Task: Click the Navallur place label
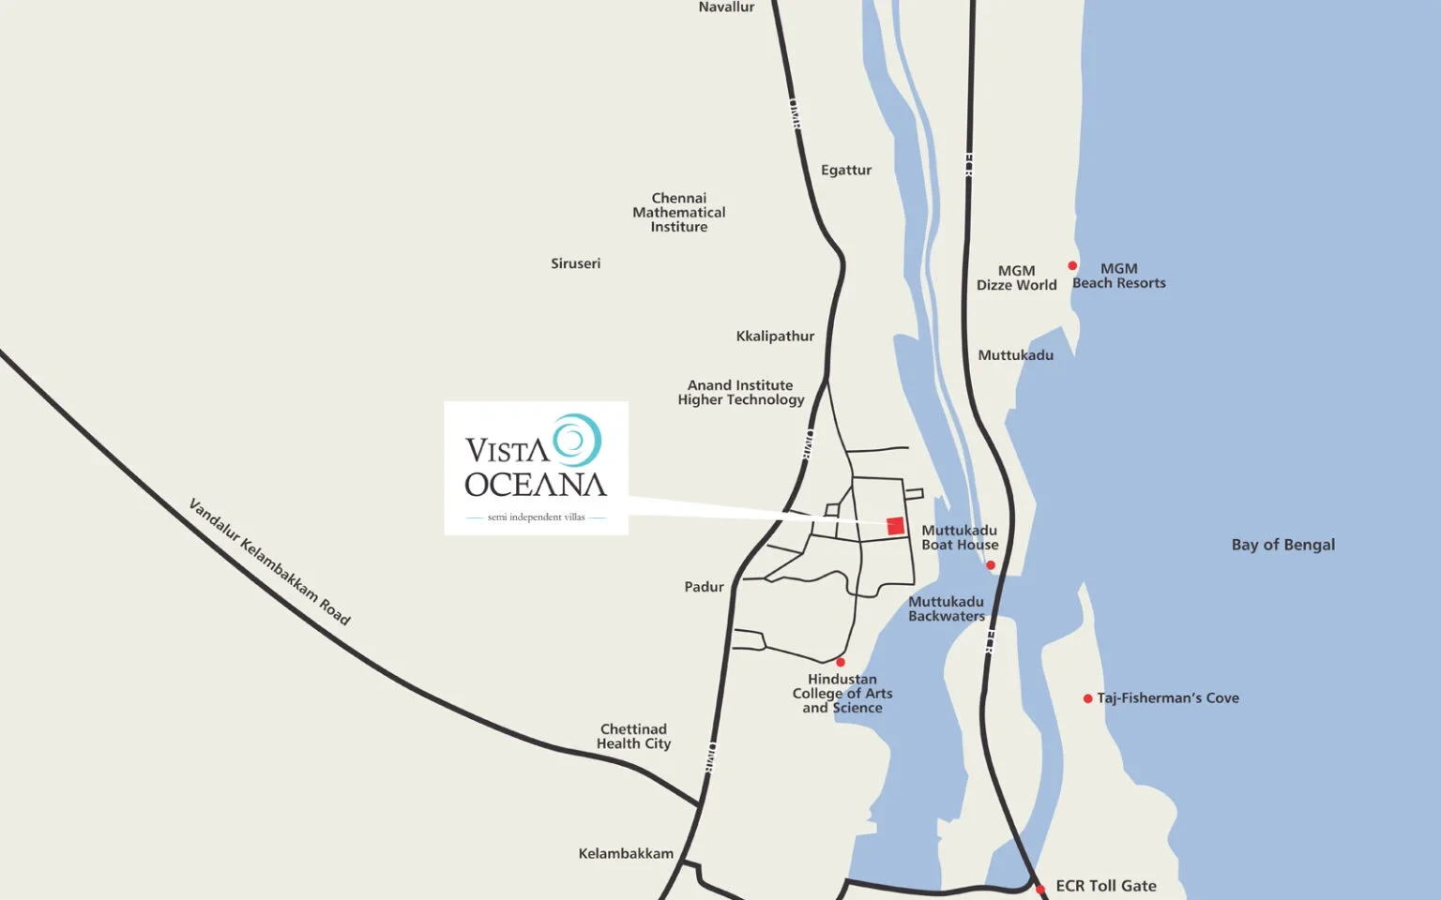point(726,7)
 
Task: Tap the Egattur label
point(846,170)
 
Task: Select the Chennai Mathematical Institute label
point(679,213)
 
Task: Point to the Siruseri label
point(575,263)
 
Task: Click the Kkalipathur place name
point(775,337)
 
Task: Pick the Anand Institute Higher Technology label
point(741,393)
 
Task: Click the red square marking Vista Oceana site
point(895,526)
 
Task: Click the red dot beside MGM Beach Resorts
point(1072,266)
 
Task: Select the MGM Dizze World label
point(1016,277)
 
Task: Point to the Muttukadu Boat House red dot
point(991,565)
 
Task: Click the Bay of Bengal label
point(1282,545)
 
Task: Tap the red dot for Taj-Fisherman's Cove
point(1087,698)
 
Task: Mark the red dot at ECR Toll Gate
point(1040,889)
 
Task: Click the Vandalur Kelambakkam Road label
point(269,562)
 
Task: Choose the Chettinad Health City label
point(633,736)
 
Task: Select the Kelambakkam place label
point(626,854)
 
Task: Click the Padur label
point(704,587)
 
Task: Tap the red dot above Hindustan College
point(841,662)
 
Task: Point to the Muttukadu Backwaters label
point(946,609)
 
